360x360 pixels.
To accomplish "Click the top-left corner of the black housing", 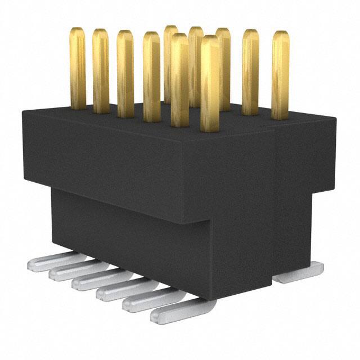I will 24,112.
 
